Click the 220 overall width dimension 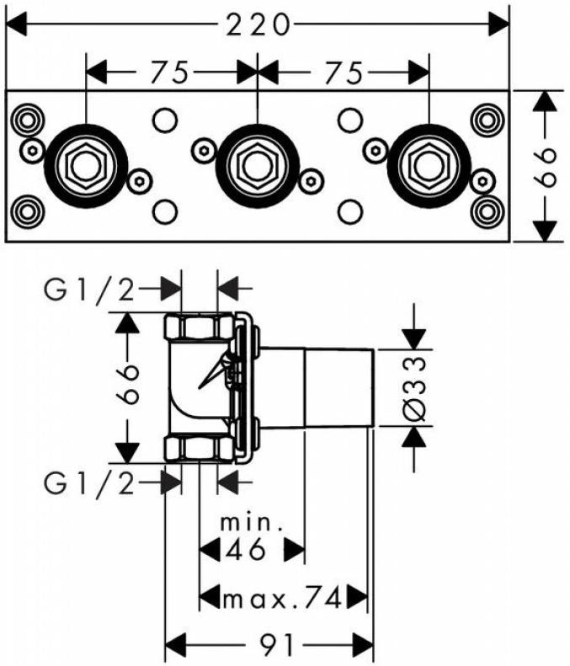tap(258, 24)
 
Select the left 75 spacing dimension tap(168, 72)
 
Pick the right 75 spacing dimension tap(344, 72)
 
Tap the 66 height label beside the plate tap(545, 167)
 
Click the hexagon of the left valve tap(86, 166)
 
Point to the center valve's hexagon tap(258, 166)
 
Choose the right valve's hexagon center tap(429, 166)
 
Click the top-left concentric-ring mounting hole tap(27, 120)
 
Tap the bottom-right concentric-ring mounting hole tap(487, 211)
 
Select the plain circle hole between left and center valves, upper tap(164, 120)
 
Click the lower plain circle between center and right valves tap(350, 211)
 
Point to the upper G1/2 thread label tap(89, 292)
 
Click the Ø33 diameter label tap(413, 389)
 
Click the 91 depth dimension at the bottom tap(276, 646)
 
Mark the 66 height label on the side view tap(127, 384)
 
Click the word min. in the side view tap(252, 523)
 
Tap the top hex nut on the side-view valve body tap(199, 326)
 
